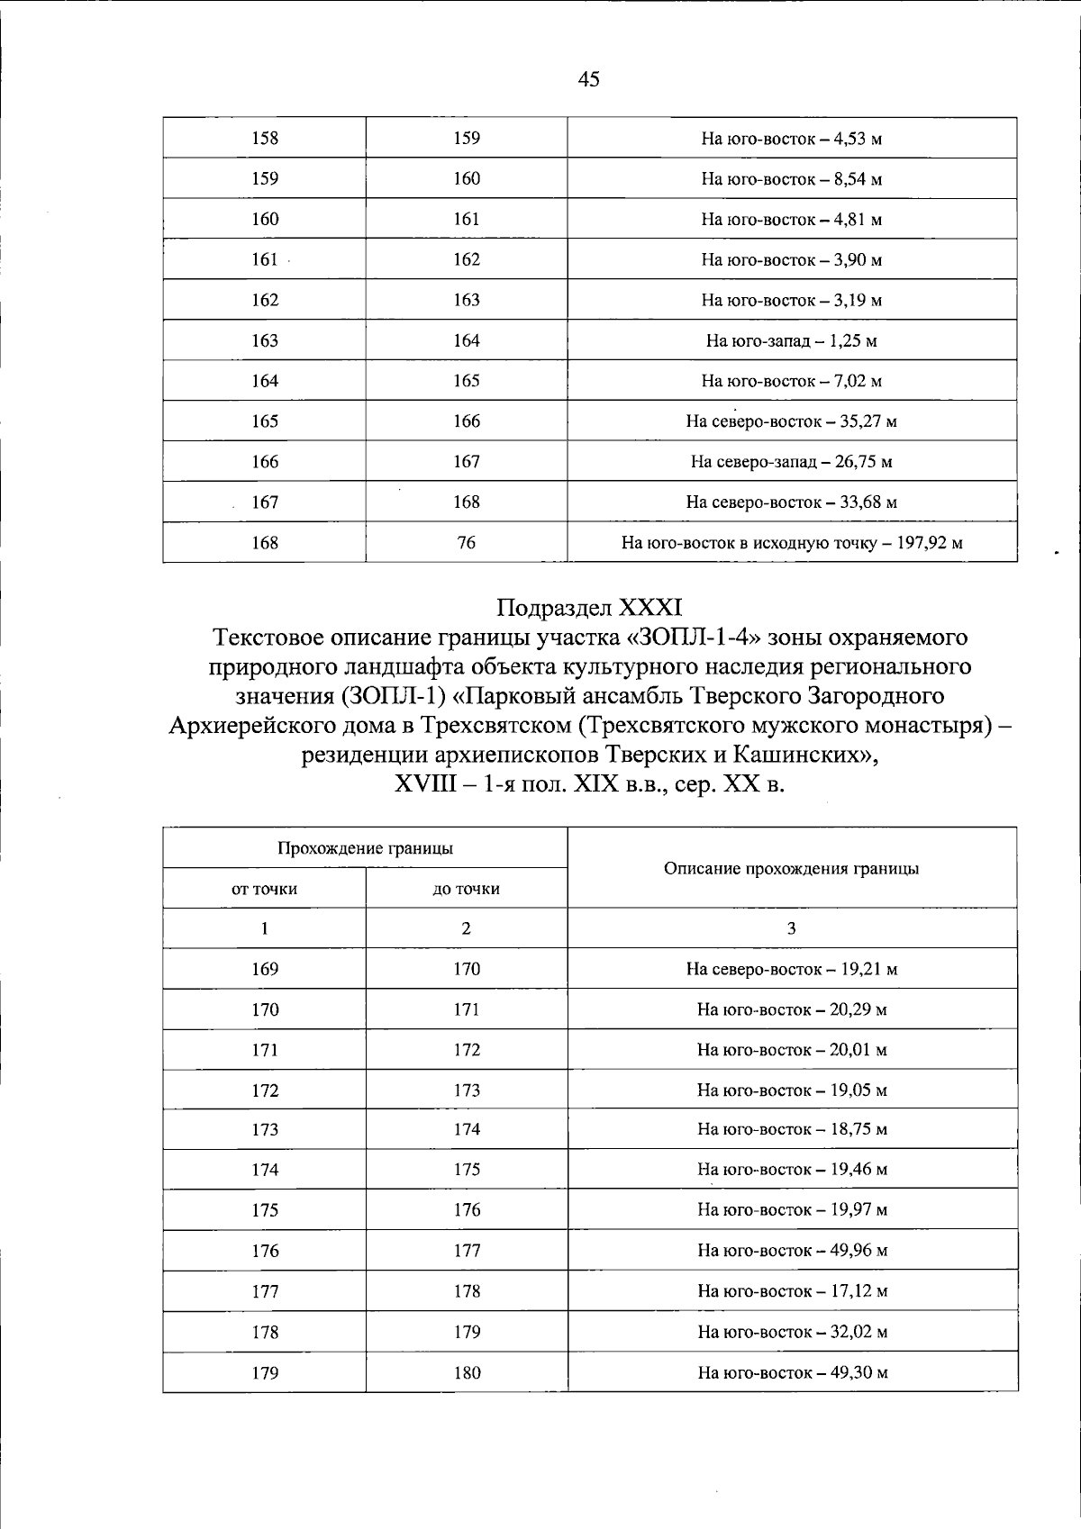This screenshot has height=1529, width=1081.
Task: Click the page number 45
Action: pos(588,79)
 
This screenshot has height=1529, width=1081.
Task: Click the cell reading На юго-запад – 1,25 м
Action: pos(791,340)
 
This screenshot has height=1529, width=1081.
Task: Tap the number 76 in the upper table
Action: pos(466,542)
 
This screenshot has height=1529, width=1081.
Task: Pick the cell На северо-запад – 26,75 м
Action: pos(791,462)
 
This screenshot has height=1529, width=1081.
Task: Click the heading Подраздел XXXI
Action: pos(590,607)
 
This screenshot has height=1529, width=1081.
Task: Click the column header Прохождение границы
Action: pos(365,848)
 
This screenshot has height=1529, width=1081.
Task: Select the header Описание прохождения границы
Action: pos(791,868)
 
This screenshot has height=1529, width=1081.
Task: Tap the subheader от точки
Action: pos(264,889)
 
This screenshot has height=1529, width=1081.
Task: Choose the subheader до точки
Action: pos(466,889)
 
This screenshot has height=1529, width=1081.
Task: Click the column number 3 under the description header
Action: pos(791,928)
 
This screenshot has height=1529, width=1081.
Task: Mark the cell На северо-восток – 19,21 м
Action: pos(791,969)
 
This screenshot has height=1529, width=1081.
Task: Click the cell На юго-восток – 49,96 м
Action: pos(791,1251)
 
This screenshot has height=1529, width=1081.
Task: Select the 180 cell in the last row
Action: pos(466,1372)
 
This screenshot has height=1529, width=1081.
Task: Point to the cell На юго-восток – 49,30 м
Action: pos(791,1372)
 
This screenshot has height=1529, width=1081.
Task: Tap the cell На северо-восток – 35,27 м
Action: pos(791,421)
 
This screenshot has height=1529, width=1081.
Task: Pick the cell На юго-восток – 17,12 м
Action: pos(791,1291)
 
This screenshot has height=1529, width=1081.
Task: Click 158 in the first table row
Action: pos(264,138)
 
